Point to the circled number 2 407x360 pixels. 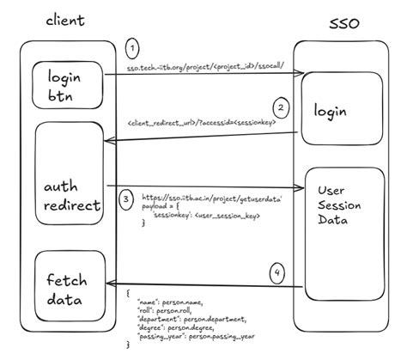click(x=280, y=109)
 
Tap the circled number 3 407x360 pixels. click(x=127, y=199)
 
